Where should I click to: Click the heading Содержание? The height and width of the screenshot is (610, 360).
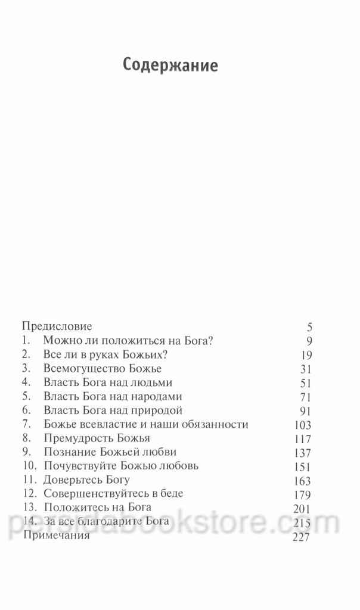pyautogui.click(x=170, y=64)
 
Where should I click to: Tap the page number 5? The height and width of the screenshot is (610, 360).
pyautogui.click(x=309, y=326)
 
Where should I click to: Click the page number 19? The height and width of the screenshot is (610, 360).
pyautogui.click(x=306, y=355)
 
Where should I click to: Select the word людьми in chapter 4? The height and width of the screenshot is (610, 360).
pyautogui.click(x=152, y=382)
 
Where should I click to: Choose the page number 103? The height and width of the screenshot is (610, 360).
pyautogui.click(x=303, y=425)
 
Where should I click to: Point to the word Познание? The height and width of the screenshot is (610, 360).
pyautogui.click(x=69, y=452)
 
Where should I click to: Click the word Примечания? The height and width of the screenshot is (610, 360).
pyautogui.click(x=55, y=536)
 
